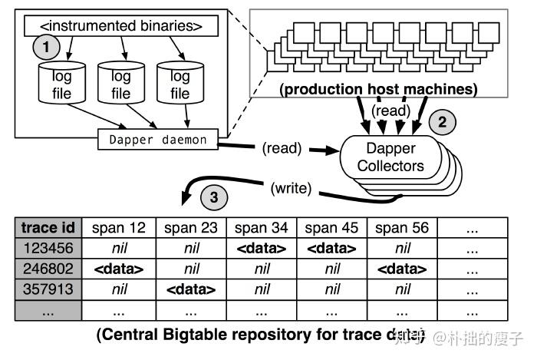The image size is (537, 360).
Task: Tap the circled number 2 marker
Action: coord(441,121)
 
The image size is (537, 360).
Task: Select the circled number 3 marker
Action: coord(214,198)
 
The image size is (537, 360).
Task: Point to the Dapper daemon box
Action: coord(158,139)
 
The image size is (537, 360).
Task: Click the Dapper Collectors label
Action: coord(391,156)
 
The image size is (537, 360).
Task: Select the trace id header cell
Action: coord(48,228)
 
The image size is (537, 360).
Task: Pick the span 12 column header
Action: coord(119,228)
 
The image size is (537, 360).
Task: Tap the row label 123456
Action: coord(48,249)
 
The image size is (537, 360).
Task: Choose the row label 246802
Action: coord(48,269)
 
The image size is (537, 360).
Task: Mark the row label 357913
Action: coord(48,290)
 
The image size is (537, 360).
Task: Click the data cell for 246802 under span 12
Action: coord(119,269)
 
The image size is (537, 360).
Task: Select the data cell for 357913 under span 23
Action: coord(190,290)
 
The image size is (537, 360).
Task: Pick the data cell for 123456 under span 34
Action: coord(261,249)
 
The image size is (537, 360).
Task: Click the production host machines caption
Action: coord(378,89)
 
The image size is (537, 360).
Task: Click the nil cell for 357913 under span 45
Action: coord(332,290)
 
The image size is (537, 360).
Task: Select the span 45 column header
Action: coord(332,228)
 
